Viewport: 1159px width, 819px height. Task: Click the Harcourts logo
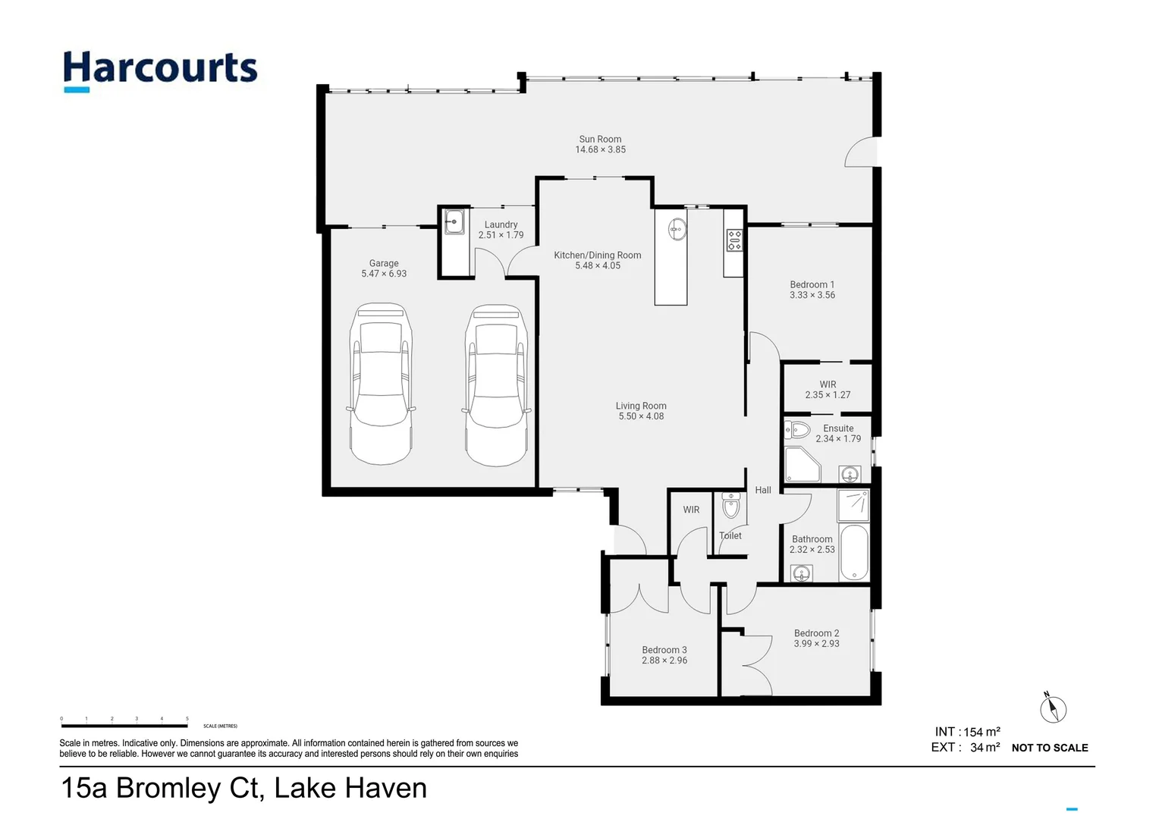[160, 71]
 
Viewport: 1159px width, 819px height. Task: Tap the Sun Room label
[600, 140]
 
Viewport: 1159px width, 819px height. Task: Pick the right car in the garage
[496, 385]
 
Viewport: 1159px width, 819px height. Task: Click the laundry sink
[454, 222]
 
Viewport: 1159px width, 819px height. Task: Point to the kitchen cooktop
[734, 240]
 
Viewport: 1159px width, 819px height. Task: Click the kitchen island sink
[677, 227]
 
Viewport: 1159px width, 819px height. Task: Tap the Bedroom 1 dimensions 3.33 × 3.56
[812, 296]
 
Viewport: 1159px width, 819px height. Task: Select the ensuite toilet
[797, 430]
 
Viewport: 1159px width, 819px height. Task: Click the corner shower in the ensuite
[802, 464]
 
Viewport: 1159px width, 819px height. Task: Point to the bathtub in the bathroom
[853, 552]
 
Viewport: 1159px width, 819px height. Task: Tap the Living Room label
[641, 406]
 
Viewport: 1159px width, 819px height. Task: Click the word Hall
[763, 491]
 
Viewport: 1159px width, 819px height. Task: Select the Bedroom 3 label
[664, 650]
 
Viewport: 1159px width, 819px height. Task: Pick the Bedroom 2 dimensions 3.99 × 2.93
[816, 644]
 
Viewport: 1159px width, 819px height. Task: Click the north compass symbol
[1052, 709]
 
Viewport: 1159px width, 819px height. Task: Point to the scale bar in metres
[124, 726]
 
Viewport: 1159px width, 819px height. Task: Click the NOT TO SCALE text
[1049, 748]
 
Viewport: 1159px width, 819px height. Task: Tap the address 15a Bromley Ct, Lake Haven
[243, 789]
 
